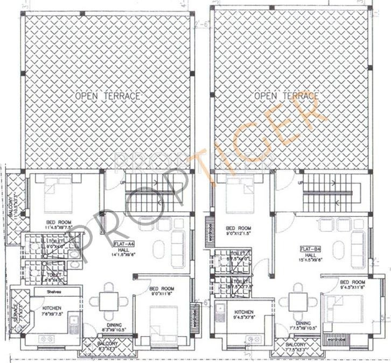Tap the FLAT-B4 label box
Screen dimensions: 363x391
pos(312,250)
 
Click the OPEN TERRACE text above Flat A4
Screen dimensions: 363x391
pos(108,96)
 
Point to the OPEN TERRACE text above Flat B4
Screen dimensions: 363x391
pos(286,96)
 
